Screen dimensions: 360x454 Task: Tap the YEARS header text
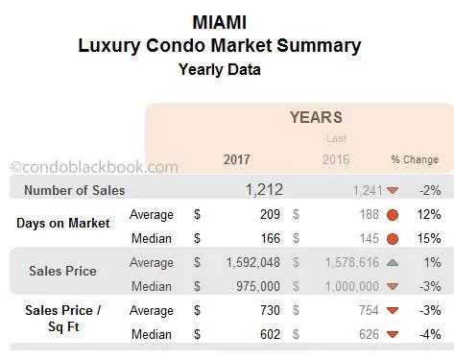(x=316, y=117)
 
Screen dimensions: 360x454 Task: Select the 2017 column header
(x=237, y=159)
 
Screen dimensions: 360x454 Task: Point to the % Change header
(x=414, y=159)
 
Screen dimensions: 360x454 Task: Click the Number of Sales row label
(x=74, y=190)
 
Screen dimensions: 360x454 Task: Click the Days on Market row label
(x=62, y=223)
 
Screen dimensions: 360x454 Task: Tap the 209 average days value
(x=270, y=214)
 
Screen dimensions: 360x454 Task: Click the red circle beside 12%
(x=393, y=214)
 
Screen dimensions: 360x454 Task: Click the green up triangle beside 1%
(x=393, y=262)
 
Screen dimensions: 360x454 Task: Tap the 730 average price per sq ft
(x=270, y=310)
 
